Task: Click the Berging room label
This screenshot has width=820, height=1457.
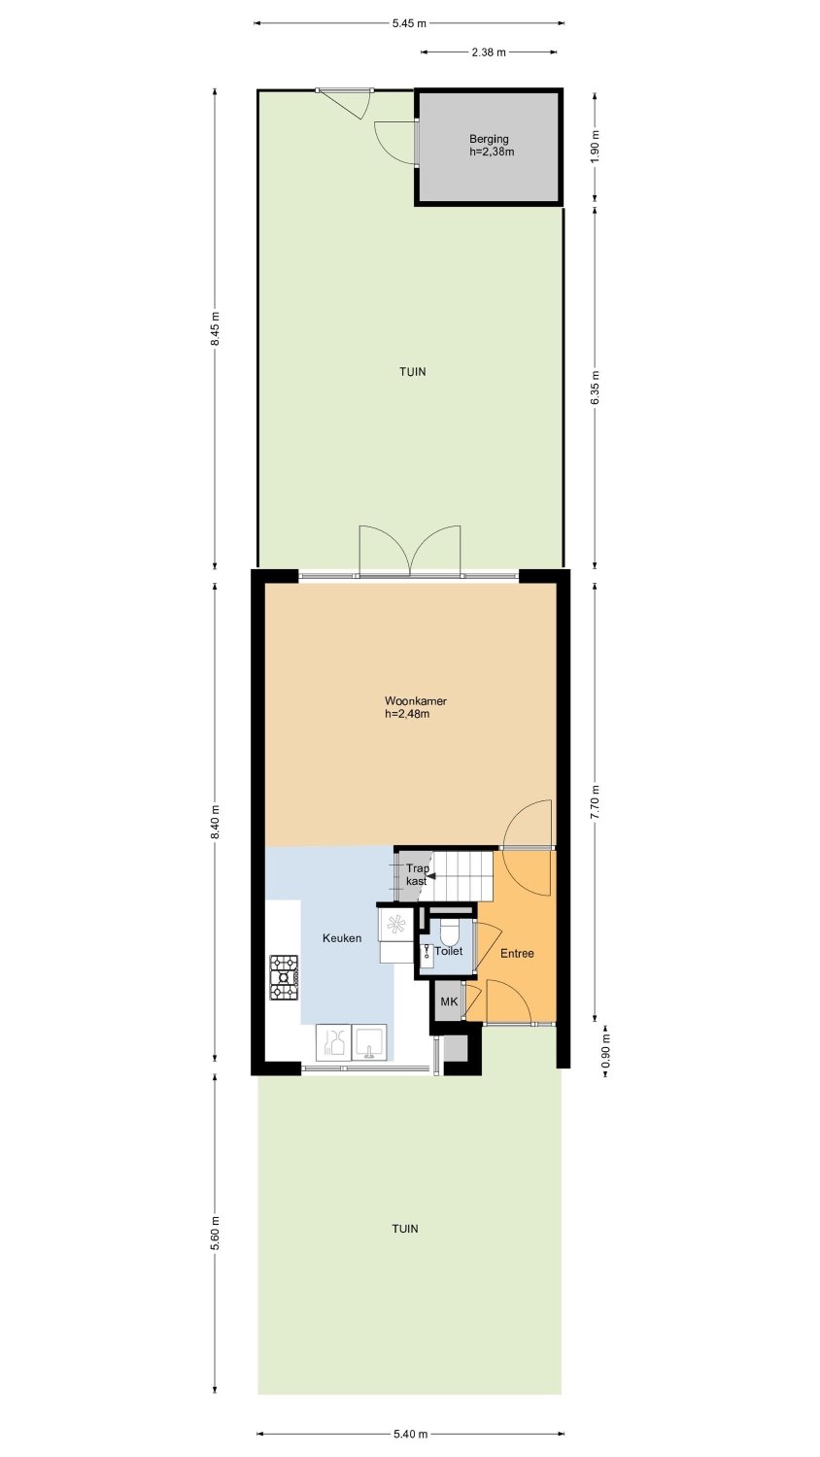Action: (490, 139)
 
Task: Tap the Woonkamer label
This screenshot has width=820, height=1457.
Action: (416, 701)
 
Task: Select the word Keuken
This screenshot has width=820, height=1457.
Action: (342, 938)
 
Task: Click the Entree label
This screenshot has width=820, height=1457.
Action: (518, 954)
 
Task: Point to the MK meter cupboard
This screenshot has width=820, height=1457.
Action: (449, 1001)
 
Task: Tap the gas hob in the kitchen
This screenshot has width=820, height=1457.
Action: (284, 977)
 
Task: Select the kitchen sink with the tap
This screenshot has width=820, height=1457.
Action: (369, 1042)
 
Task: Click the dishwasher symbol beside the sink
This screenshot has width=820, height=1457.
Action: (333, 1042)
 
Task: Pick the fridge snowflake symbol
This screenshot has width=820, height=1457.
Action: (395, 924)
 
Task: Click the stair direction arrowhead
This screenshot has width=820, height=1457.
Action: (430, 877)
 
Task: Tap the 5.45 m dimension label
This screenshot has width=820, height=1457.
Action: (409, 24)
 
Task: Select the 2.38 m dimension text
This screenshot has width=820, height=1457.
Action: (489, 52)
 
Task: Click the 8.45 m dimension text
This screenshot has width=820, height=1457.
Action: (216, 331)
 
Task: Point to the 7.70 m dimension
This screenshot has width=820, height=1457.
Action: (595, 803)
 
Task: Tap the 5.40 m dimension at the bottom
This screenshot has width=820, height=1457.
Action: (411, 1434)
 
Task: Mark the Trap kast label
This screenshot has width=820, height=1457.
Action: (417, 875)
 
